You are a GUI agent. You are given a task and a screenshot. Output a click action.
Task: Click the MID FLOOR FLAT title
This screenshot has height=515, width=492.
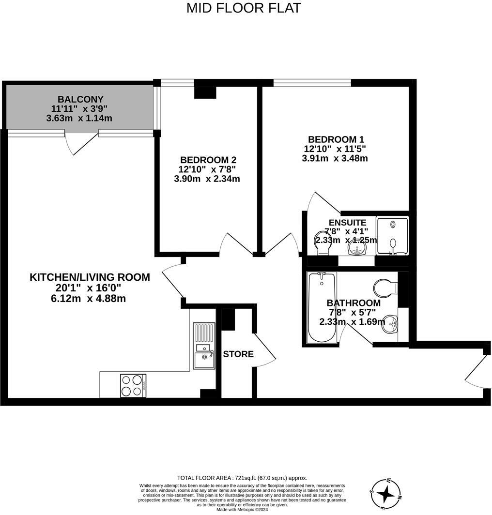coord(244,8)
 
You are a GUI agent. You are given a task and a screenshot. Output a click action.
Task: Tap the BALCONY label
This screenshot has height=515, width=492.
coord(80,100)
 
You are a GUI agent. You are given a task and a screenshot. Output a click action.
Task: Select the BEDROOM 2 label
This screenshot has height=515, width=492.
coord(208,160)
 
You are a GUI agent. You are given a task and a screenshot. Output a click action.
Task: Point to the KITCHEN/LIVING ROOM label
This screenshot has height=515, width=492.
coord(90,277)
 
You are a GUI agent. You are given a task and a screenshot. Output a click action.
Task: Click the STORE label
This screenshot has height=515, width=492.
coord(238,354)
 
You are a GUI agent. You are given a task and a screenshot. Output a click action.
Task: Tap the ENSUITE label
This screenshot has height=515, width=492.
coord(347,223)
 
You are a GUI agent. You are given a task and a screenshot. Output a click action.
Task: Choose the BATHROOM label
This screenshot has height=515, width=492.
coord(354,303)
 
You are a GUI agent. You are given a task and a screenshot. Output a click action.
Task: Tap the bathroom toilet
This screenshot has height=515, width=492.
coord(386,287)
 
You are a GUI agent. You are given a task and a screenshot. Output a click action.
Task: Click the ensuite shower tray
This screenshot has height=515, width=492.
coord(393,236)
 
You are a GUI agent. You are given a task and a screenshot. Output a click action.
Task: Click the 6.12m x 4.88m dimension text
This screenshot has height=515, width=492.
coord(90,299)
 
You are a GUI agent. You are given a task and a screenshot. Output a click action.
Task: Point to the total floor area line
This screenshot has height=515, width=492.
coord(242,478)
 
